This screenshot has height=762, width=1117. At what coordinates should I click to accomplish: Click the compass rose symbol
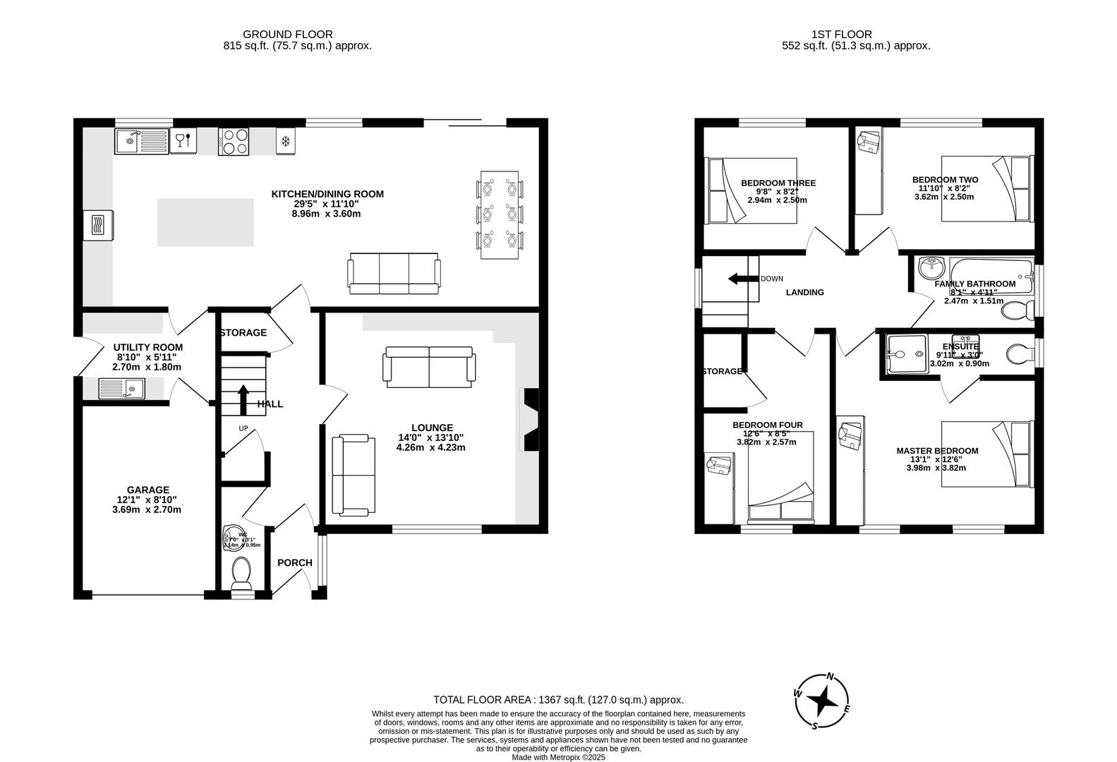823,701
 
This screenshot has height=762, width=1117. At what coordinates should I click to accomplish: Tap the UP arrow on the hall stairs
243,398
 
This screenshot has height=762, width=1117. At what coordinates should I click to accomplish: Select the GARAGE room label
147,490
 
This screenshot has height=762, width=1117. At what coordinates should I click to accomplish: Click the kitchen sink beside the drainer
129,141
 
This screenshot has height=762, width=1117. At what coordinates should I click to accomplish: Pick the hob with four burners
234,140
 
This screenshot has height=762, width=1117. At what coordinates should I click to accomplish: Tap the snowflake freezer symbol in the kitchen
286,141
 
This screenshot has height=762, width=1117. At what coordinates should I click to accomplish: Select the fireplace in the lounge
529,419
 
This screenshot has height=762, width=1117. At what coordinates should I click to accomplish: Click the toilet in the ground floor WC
241,572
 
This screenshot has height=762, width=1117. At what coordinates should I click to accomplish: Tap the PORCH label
294,562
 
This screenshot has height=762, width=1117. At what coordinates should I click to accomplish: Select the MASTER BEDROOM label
937,451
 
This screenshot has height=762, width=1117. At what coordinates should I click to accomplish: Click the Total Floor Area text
558,700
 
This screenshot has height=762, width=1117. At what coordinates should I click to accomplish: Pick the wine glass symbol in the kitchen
182,140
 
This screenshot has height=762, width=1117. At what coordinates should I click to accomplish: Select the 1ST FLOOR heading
841,34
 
